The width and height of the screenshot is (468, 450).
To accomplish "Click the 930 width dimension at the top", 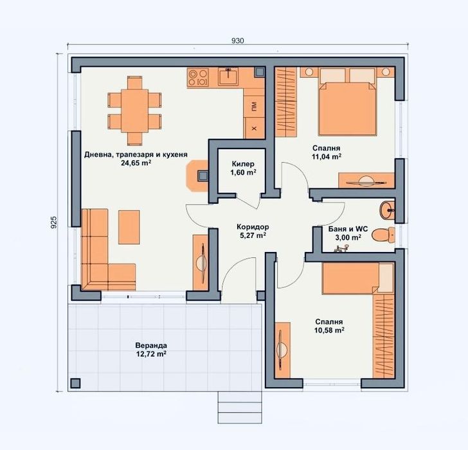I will pos(237,40).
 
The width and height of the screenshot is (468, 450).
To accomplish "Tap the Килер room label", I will pos(244,164).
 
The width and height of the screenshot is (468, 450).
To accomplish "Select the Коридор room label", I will pos(252,227).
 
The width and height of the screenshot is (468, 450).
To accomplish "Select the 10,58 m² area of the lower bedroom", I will pos(329,330).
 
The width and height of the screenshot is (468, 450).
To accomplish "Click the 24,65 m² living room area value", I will pos(136,163).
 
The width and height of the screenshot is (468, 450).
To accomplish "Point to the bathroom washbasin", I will pos(388,208).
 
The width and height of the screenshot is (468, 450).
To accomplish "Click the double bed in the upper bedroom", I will pos(346,103).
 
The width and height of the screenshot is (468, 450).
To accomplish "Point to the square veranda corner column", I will pos(75,383).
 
